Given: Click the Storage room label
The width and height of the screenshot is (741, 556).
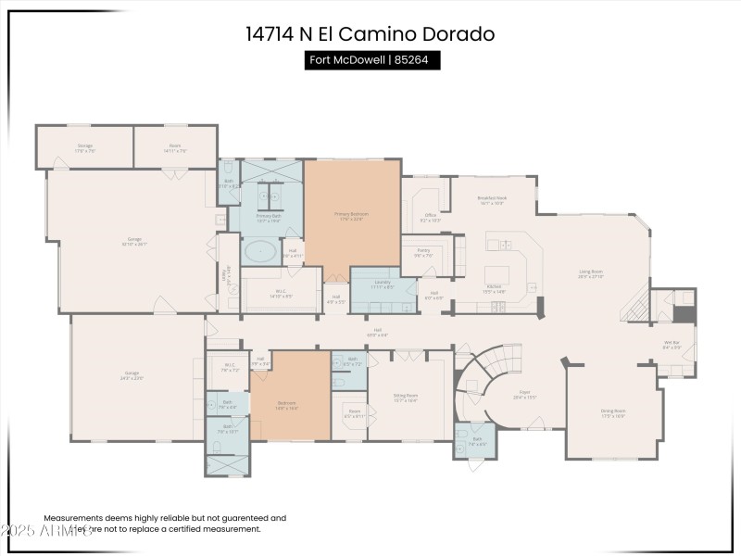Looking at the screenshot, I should pos(85,147).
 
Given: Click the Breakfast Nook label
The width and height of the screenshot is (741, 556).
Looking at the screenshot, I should pos(491,200).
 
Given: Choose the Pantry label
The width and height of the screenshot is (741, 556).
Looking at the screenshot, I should pos(422,253).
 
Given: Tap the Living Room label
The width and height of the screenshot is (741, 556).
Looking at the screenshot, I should pos(591,274).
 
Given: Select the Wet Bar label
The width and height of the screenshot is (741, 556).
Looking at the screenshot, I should pos(672,346).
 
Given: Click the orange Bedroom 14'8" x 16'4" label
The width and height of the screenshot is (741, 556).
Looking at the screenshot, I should pos(287,405).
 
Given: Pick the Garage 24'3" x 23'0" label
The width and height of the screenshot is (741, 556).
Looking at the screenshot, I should pos(132,375).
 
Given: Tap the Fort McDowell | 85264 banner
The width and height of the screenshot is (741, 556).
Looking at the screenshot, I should pos(372,60).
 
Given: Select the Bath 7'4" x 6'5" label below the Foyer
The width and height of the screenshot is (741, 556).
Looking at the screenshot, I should pos(476,442).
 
